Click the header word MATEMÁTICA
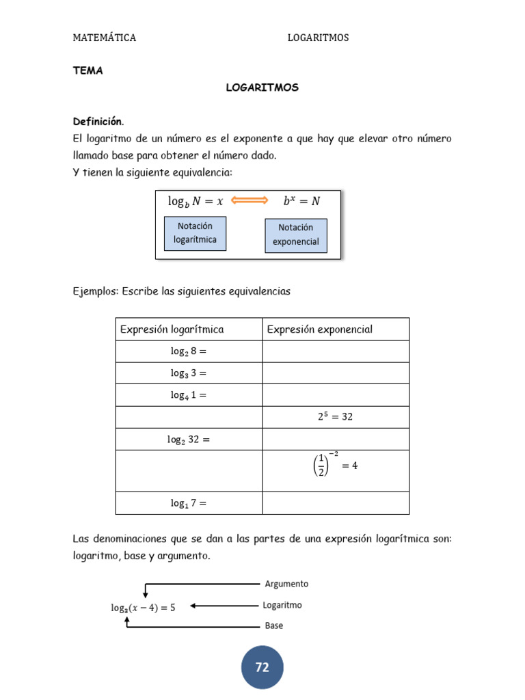(105, 38)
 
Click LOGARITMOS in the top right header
(318, 38)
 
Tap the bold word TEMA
(87, 70)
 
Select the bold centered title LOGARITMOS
(262, 88)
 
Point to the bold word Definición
(98, 122)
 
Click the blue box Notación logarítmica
(195, 233)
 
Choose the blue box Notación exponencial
(295, 234)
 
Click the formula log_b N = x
(196, 201)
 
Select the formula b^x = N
(301, 201)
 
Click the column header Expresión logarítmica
(172, 329)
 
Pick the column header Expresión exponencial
(320, 329)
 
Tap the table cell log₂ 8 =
(188, 351)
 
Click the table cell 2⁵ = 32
(335, 416)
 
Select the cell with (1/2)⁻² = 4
(335, 465)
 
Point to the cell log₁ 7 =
(188, 504)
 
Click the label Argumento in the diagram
(286, 584)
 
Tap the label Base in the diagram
(273, 625)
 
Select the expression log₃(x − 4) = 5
(143, 607)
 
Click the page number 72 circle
(262, 667)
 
